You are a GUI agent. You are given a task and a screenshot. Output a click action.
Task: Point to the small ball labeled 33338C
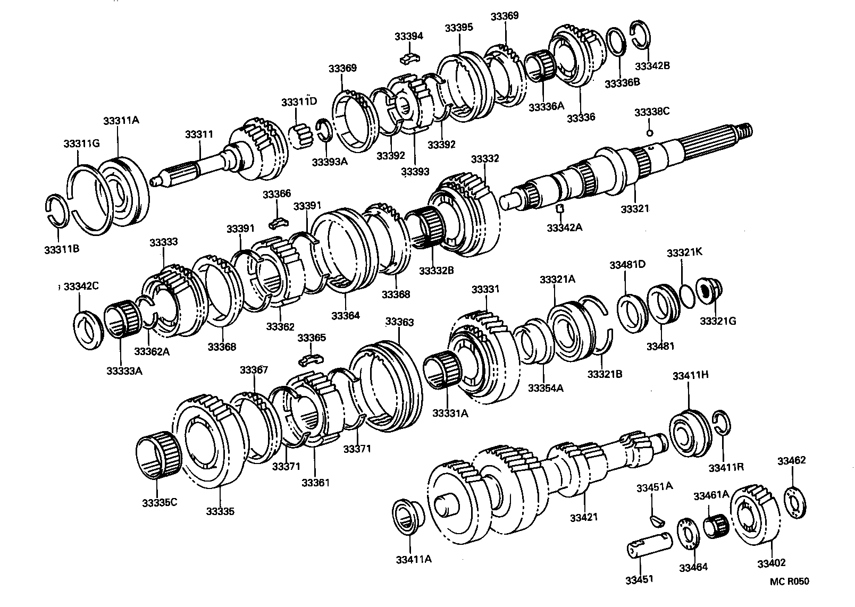click(649, 132)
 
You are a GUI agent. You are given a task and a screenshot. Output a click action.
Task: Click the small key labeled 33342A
click(559, 208)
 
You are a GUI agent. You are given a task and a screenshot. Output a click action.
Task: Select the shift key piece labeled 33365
click(311, 360)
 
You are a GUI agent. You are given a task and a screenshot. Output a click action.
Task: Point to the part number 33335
click(220, 512)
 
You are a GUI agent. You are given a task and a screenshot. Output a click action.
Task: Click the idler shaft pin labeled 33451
click(648, 547)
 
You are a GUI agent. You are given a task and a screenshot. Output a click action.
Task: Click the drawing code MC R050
click(789, 581)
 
